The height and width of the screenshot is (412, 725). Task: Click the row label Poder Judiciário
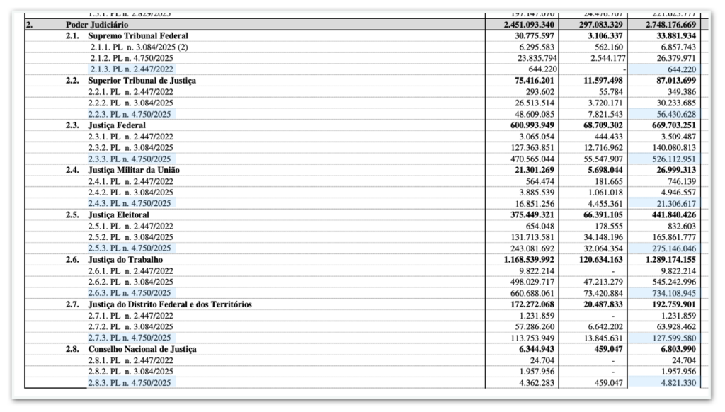pyautogui.click(x=97, y=24)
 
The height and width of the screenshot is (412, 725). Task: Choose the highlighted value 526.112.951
pyautogui.click(x=668, y=159)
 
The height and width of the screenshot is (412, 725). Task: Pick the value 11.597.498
pyautogui.click(x=593, y=81)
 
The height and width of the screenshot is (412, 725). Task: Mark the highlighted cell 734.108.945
pyautogui.click(x=668, y=293)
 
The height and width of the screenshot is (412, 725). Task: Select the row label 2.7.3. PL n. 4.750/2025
pyautogui.click(x=130, y=338)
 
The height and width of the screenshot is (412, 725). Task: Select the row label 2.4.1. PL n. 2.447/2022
pyautogui.click(x=130, y=181)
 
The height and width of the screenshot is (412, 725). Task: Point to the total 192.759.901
pyautogui.click(x=668, y=304)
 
